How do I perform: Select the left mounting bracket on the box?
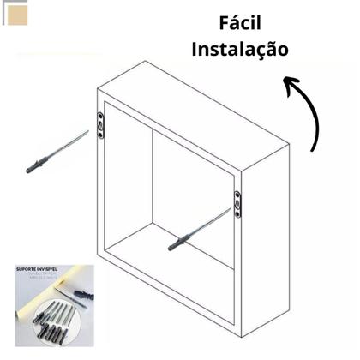[x=102, y=123]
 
